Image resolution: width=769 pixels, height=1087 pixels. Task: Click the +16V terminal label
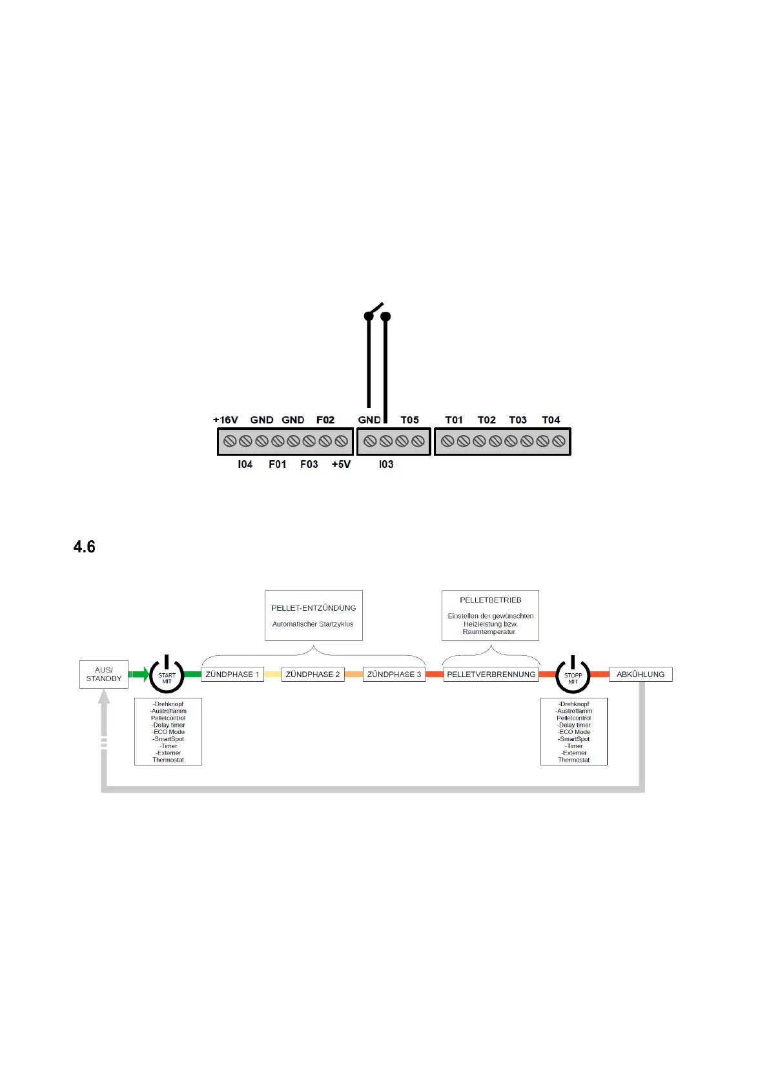click(x=225, y=420)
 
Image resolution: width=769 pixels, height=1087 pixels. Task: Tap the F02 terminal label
click(x=325, y=420)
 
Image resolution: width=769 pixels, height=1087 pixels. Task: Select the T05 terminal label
click(x=409, y=420)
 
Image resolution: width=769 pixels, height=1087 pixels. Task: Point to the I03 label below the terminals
click(x=386, y=465)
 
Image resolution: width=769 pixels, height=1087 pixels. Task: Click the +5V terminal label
click(x=341, y=465)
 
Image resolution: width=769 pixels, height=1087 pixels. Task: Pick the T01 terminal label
click(x=454, y=420)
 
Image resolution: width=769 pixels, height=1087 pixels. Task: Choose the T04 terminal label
click(x=551, y=420)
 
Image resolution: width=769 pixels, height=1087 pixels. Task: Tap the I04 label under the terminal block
click(x=245, y=465)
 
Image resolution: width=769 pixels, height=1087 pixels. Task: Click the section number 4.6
click(x=85, y=547)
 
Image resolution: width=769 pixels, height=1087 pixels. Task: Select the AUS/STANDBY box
click(x=104, y=675)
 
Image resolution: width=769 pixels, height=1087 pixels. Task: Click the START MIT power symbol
click(x=167, y=675)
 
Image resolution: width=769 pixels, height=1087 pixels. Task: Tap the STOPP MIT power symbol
click(x=573, y=675)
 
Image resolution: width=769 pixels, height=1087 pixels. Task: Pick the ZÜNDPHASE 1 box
click(x=232, y=675)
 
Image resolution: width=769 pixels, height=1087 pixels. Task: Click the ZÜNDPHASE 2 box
click(x=313, y=675)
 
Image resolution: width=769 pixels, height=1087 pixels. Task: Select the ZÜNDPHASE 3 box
click(x=394, y=675)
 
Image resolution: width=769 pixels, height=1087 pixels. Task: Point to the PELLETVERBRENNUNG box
click(x=491, y=675)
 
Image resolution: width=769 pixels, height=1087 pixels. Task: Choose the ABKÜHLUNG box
click(x=641, y=675)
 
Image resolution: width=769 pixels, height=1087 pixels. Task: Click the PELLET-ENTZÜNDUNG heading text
click(x=314, y=608)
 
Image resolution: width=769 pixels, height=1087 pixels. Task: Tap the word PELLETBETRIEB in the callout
click(x=491, y=600)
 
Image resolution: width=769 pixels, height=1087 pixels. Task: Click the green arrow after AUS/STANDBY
click(x=139, y=675)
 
